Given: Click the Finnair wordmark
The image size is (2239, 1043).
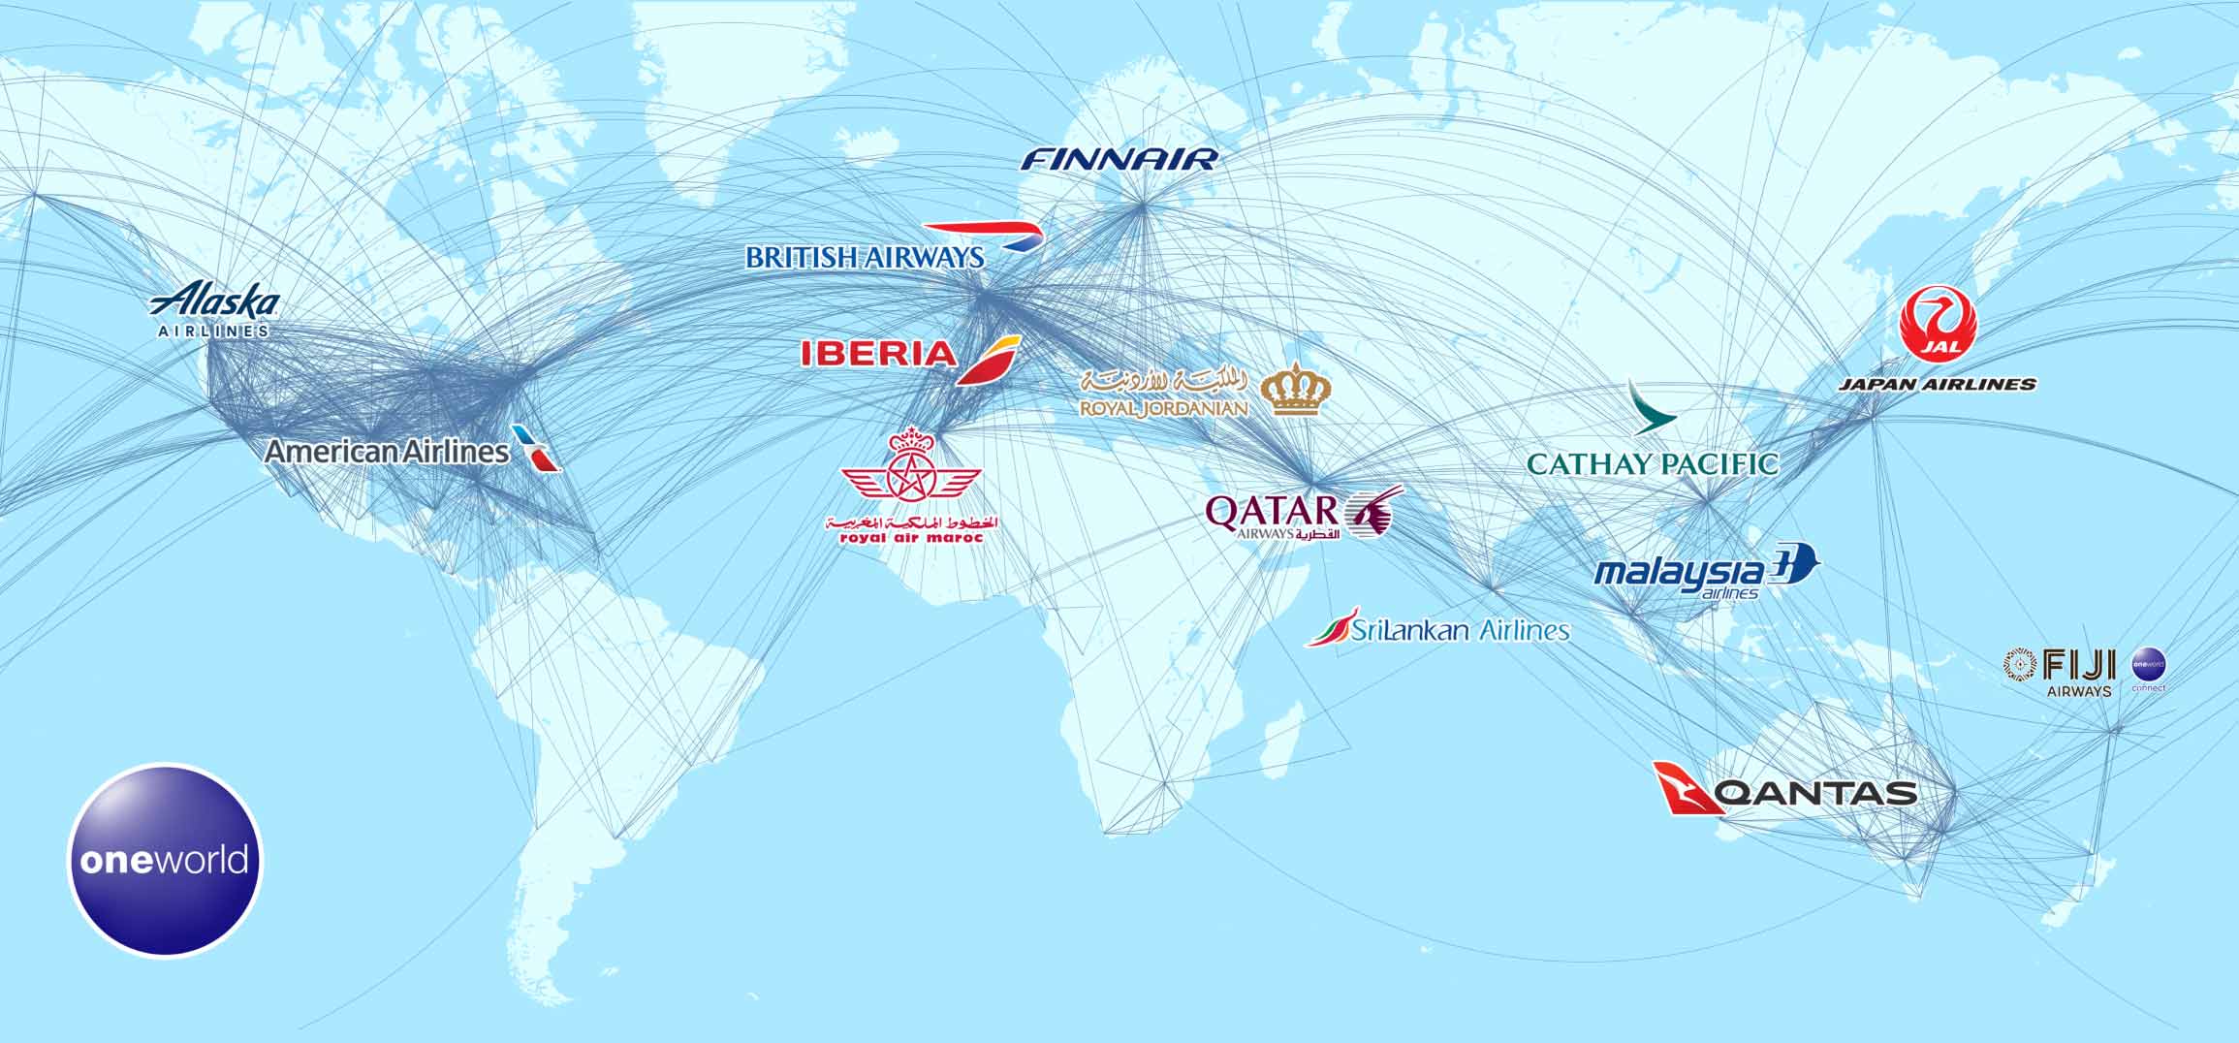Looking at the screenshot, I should point(1119,159).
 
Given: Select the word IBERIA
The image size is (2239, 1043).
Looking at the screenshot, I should point(878,354).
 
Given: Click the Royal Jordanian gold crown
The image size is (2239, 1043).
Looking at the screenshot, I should point(1296,390).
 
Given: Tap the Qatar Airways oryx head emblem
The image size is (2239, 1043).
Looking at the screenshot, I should point(1374,513).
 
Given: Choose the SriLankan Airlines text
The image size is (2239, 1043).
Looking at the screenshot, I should point(1460,631).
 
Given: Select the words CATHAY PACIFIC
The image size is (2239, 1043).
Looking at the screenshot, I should point(1653,464).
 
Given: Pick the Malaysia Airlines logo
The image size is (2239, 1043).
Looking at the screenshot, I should point(1707,572).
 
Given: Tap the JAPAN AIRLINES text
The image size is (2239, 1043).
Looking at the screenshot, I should point(1937,385).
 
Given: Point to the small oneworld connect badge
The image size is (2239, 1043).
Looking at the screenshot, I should point(2148,668).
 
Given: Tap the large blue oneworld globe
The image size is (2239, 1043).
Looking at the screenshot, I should point(165,860).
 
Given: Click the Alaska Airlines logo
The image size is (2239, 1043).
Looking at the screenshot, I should point(214,309).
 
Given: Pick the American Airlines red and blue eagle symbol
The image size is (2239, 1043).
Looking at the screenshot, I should point(537,449).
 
